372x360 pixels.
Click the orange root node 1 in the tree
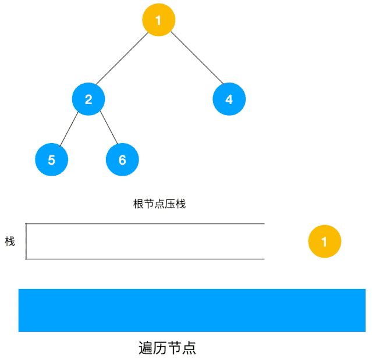(x=158, y=20)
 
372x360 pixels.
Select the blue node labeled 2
(x=88, y=99)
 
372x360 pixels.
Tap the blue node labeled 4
(x=229, y=99)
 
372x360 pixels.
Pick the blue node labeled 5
(x=52, y=160)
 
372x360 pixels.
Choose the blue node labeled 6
(x=122, y=160)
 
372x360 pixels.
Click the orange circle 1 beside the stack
(x=324, y=241)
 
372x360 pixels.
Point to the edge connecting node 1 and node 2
(x=123, y=59)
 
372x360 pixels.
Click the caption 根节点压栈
(x=160, y=204)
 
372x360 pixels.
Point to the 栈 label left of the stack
(x=10, y=241)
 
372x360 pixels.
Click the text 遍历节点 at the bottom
(x=167, y=348)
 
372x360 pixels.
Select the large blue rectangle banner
(x=192, y=310)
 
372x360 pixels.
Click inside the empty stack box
(x=146, y=241)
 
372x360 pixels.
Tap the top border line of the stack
(x=146, y=223)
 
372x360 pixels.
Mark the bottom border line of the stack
(x=146, y=259)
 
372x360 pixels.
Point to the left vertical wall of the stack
(x=26, y=241)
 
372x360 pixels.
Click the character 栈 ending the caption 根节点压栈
(x=180, y=204)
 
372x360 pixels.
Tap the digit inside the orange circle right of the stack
(x=324, y=241)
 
